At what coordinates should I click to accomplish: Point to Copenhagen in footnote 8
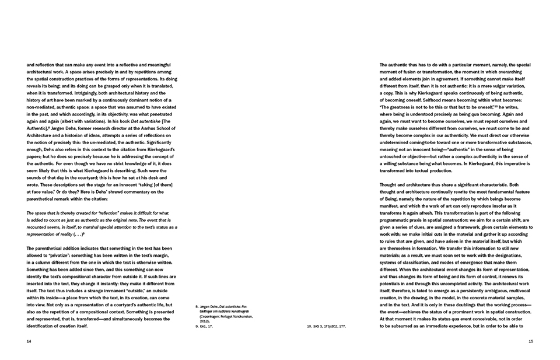[209, 316]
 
